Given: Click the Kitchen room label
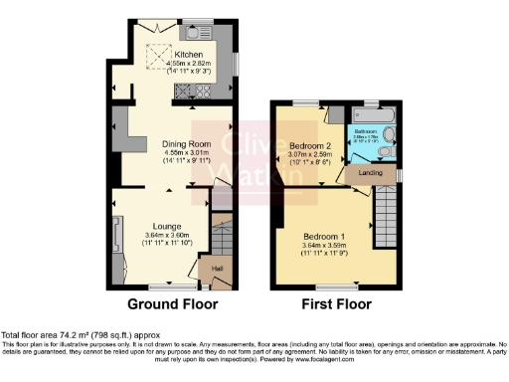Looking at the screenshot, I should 190,55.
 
